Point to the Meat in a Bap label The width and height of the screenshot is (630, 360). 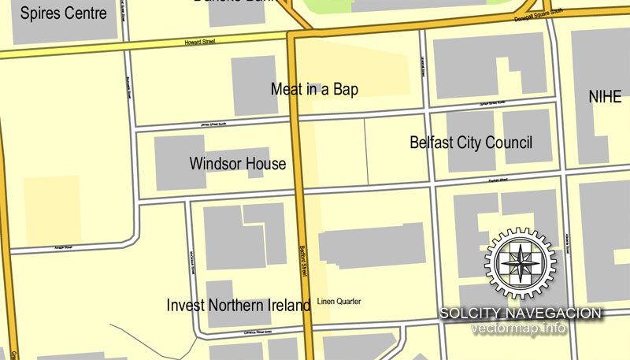coord(314,90)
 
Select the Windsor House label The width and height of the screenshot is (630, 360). coord(238,164)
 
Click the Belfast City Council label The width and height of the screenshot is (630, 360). coord(471,143)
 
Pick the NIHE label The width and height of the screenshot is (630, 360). coord(605,97)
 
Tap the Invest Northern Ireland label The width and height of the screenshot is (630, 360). coord(239,305)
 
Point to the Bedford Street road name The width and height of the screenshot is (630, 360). coord(302,261)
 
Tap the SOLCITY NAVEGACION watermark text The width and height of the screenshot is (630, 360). coord(521,314)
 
